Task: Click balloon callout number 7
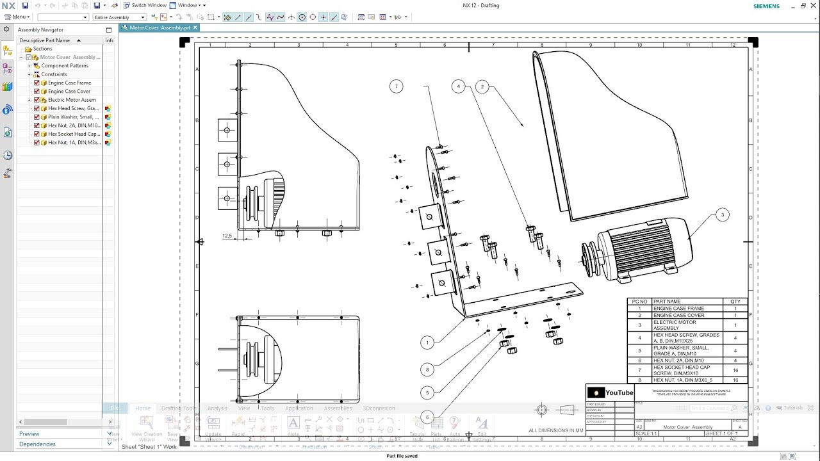pyautogui.click(x=396, y=86)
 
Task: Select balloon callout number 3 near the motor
pyautogui.click(x=722, y=215)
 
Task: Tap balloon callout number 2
pyautogui.click(x=482, y=86)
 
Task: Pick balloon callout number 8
pyautogui.click(x=427, y=369)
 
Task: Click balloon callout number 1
pyautogui.click(x=427, y=343)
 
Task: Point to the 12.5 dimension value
pyautogui.click(x=227, y=236)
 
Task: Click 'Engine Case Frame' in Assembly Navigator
pyautogui.click(x=69, y=83)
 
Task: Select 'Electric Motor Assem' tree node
pyautogui.click(x=72, y=100)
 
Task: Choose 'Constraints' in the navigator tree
pyautogui.click(x=54, y=74)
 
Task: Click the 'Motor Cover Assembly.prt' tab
pyautogui.click(x=160, y=28)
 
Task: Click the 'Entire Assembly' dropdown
pyautogui.click(x=120, y=17)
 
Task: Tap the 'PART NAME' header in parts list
pyautogui.click(x=667, y=302)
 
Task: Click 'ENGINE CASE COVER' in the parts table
pyautogui.click(x=678, y=316)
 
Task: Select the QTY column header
pyautogui.click(x=735, y=302)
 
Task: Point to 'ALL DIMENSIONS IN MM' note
pyautogui.click(x=556, y=430)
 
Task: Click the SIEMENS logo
pyautogui.click(x=767, y=6)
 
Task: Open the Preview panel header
pyautogui.click(x=29, y=434)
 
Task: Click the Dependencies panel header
pyautogui.click(x=37, y=444)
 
